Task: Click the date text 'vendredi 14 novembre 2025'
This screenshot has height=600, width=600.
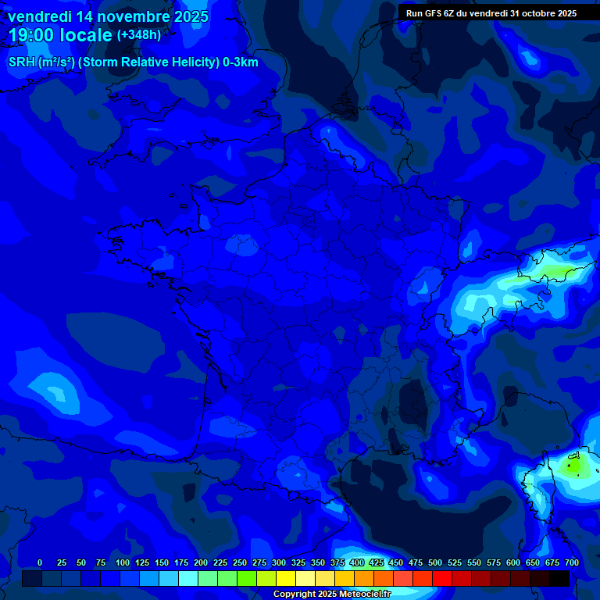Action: (108, 16)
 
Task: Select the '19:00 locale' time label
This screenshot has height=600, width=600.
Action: (60, 36)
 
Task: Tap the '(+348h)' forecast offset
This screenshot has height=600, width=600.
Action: (138, 35)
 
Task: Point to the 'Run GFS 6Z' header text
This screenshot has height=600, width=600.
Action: (430, 13)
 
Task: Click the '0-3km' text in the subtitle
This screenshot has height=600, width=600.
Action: (241, 62)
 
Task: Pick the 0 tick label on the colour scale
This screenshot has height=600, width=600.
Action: (40, 562)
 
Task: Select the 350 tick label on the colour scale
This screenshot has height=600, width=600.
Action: (318, 562)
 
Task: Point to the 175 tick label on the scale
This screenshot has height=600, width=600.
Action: (181, 562)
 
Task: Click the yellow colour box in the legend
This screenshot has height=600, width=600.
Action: (286, 579)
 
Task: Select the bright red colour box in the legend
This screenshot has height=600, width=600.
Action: (442, 579)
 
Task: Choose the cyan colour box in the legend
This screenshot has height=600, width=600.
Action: (188, 579)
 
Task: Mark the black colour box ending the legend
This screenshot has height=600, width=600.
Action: (559, 579)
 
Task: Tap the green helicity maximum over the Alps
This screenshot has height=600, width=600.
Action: (556, 272)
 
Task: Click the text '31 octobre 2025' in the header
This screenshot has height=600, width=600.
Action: (544, 13)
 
